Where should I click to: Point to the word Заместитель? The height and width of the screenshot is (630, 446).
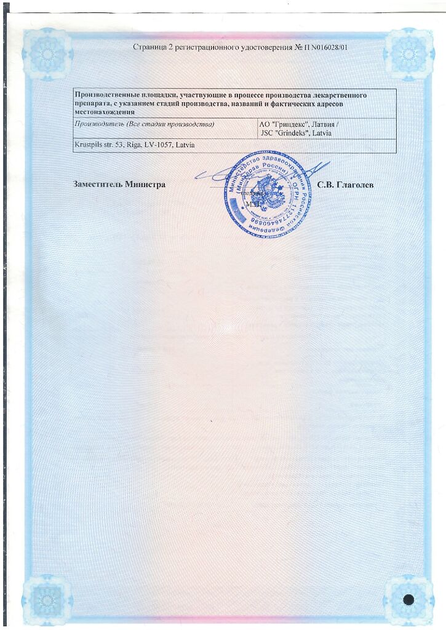[x=97, y=184]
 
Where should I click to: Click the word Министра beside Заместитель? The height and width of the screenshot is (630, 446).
[x=145, y=184]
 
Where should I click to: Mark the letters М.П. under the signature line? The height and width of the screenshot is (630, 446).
[x=253, y=202]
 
